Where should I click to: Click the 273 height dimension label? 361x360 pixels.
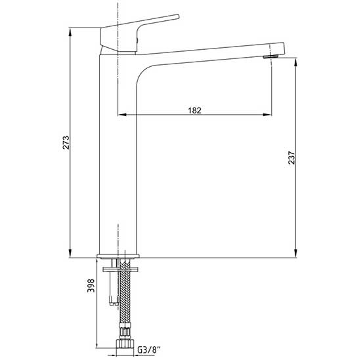tap(66, 142)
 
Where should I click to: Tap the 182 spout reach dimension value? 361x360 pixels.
tap(194, 110)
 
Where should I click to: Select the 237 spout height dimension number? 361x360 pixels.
tap(291, 157)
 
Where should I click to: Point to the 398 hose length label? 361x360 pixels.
tap(91, 285)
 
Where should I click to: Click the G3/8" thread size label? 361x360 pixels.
tap(149, 350)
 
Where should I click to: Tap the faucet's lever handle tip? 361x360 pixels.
tap(177, 16)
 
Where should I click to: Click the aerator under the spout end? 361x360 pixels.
tap(270, 56)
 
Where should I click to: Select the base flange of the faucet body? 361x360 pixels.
tap(118, 256)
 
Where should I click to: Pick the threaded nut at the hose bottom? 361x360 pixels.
tap(125, 343)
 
